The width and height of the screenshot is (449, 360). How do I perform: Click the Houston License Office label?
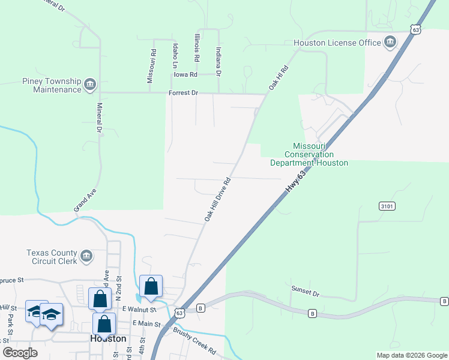coord(337,43)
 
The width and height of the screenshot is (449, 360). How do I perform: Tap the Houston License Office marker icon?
coord(390,42)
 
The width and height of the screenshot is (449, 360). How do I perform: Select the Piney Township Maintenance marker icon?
coord(90,83)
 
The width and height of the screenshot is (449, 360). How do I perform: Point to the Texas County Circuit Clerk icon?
coord(86,256)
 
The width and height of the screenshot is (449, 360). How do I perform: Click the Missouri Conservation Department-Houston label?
coord(309,154)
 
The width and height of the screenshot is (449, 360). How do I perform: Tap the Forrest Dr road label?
coord(182,94)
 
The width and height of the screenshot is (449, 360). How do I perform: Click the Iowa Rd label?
coord(185,74)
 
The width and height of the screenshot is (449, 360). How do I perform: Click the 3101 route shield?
coord(387,206)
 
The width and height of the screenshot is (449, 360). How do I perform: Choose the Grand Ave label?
coord(85,199)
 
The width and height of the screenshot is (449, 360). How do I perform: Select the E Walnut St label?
coord(139,309)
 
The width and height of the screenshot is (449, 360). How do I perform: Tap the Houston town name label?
coord(108,338)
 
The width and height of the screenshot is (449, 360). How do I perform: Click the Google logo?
coord(20,353)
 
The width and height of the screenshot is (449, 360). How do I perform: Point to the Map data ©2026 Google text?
coord(411,355)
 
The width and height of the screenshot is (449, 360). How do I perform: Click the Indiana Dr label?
coord(218,62)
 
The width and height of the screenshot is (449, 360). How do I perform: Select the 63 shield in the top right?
coord(415,29)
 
